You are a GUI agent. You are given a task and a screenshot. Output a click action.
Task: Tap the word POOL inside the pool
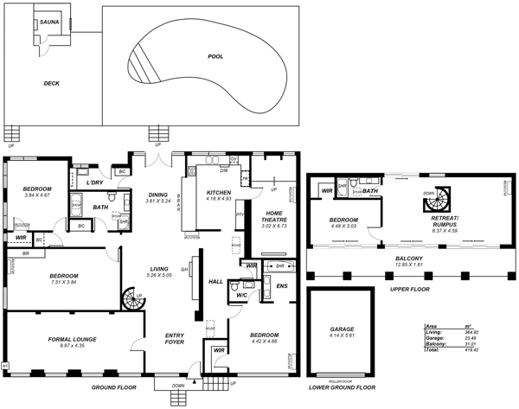[x=216, y=57]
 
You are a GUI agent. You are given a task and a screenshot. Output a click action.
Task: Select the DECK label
[x=52, y=84]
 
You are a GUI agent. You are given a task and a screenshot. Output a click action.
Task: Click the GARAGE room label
[x=343, y=330]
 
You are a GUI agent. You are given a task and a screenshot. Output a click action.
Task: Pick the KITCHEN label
[x=219, y=193]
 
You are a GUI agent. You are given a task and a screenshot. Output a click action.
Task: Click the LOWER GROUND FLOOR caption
[x=343, y=388]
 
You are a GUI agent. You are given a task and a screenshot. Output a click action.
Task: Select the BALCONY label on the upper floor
[x=410, y=259]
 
